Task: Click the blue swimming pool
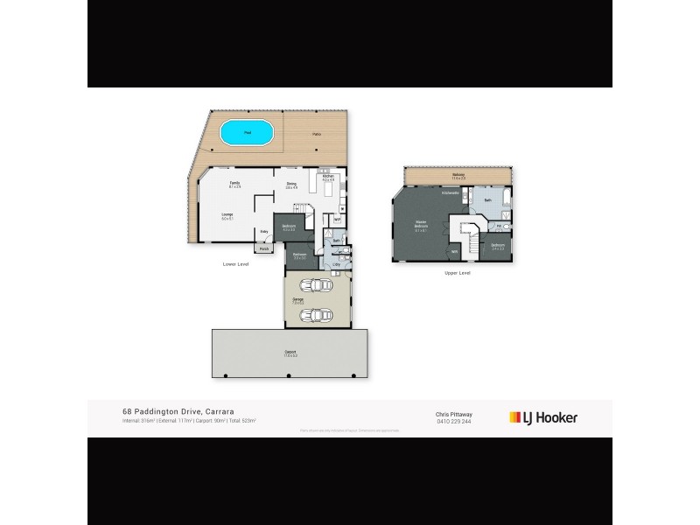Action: pyautogui.click(x=247, y=134)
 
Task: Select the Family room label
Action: pyautogui.click(x=234, y=184)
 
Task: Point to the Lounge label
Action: pyautogui.click(x=226, y=215)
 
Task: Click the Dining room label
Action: pyautogui.click(x=291, y=184)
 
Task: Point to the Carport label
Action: pyautogui.click(x=290, y=354)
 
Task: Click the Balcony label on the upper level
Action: pyautogui.click(x=458, y=176)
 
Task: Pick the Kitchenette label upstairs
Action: pyautogui.click(x=451, y=192)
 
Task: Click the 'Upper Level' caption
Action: pyautogui.click(x=458, y=274)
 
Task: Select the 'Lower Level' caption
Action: pyautogui.click(x=237, y=262)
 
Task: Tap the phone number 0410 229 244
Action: pyautogui.click(x=452, y=421)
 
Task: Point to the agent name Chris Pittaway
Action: pyautogui.click(x=452, y=413)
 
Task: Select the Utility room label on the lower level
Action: pyautogui.click(x=335, y=263)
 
